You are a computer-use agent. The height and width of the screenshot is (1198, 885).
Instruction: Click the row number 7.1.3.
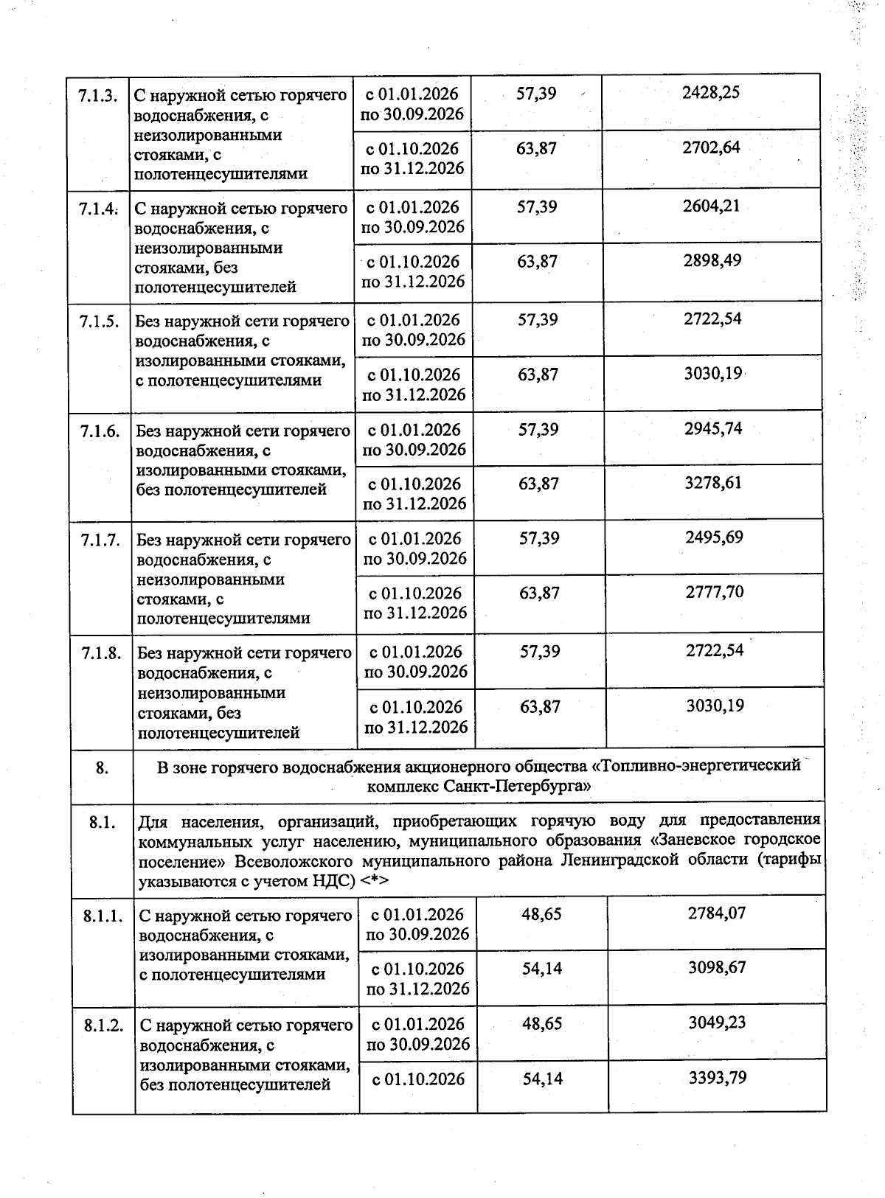click(x=98, y=94)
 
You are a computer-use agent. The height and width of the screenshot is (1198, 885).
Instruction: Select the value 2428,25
click(x=711, y=92)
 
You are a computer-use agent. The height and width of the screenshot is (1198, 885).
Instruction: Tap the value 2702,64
click(x=711, y=147)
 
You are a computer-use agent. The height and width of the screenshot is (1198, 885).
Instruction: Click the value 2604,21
click(x=711, y=206)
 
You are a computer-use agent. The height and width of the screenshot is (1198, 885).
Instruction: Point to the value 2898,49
click(x=712, y=260)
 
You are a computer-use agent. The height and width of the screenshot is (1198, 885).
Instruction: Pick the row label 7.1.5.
click(x=100, y=321)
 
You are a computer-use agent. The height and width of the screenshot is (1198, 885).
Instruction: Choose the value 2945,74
click(x=713, y=428)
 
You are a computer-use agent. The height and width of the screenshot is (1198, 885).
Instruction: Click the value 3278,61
click(x=713, y=483)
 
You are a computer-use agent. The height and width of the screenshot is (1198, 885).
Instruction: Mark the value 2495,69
click(x=714, y=537)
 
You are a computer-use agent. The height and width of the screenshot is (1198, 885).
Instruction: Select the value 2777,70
click(x=714, y=591)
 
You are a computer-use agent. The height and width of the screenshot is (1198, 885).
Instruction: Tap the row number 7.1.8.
click(x=101, y=653)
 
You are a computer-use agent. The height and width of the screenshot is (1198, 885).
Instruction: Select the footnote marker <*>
click(x=375, y=880)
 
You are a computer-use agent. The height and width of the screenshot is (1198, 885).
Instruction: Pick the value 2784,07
click(x=716, y=913)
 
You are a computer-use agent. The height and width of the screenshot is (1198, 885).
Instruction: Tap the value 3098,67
click(x=717, y=967)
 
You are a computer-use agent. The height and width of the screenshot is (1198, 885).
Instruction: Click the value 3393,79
click(x=717, y=1078)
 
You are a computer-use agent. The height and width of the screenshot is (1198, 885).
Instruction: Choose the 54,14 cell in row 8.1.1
click(x=542, y=968)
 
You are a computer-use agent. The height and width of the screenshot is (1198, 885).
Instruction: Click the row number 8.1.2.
click(x=103, y=1025)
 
